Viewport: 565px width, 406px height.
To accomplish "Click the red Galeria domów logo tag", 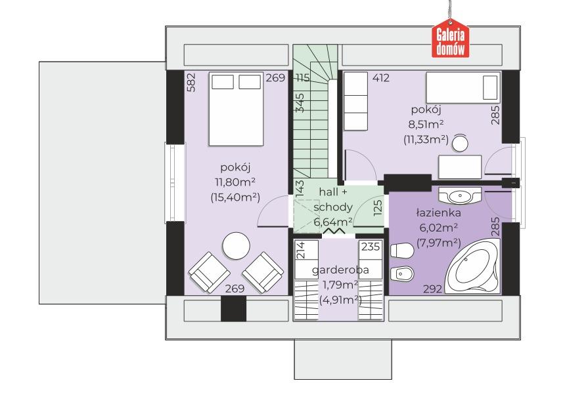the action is (x=451, y=39).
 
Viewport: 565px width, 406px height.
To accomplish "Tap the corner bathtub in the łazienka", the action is (x=472, y=266).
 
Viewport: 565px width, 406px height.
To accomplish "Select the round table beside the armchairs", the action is (x=236, y=246).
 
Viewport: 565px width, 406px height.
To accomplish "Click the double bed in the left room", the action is (x=236, y=110).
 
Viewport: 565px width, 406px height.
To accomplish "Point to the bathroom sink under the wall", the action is (x=460, y=195).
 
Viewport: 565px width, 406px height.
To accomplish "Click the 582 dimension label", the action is (x=191, y=83).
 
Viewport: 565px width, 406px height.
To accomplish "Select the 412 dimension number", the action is (x=381, y=78).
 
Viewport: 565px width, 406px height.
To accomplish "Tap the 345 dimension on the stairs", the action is (x=300, y=103).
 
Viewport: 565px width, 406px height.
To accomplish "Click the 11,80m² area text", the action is (x=236, y=182).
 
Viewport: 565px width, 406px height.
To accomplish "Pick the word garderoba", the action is (x=340, y=270).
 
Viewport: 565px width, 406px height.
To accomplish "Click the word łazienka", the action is (x=438, y=213).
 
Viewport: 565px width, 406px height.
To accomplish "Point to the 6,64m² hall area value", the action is (x=333, y=222).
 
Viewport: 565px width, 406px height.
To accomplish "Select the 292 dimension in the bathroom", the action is (x=432, y=289).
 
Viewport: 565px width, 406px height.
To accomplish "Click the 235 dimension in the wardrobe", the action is (x=371, y=247).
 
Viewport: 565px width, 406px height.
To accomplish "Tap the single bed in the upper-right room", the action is (x=463, y=88).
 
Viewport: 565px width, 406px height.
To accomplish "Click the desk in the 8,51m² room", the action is (x=460, y=167).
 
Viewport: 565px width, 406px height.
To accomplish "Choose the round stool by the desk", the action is (x=460, y=144).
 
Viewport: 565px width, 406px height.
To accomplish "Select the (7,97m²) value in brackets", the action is (x=438, y=243).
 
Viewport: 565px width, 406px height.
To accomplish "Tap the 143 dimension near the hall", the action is (x=300, y=188).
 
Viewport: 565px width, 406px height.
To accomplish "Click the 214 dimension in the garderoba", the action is (x=300, y=250).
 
